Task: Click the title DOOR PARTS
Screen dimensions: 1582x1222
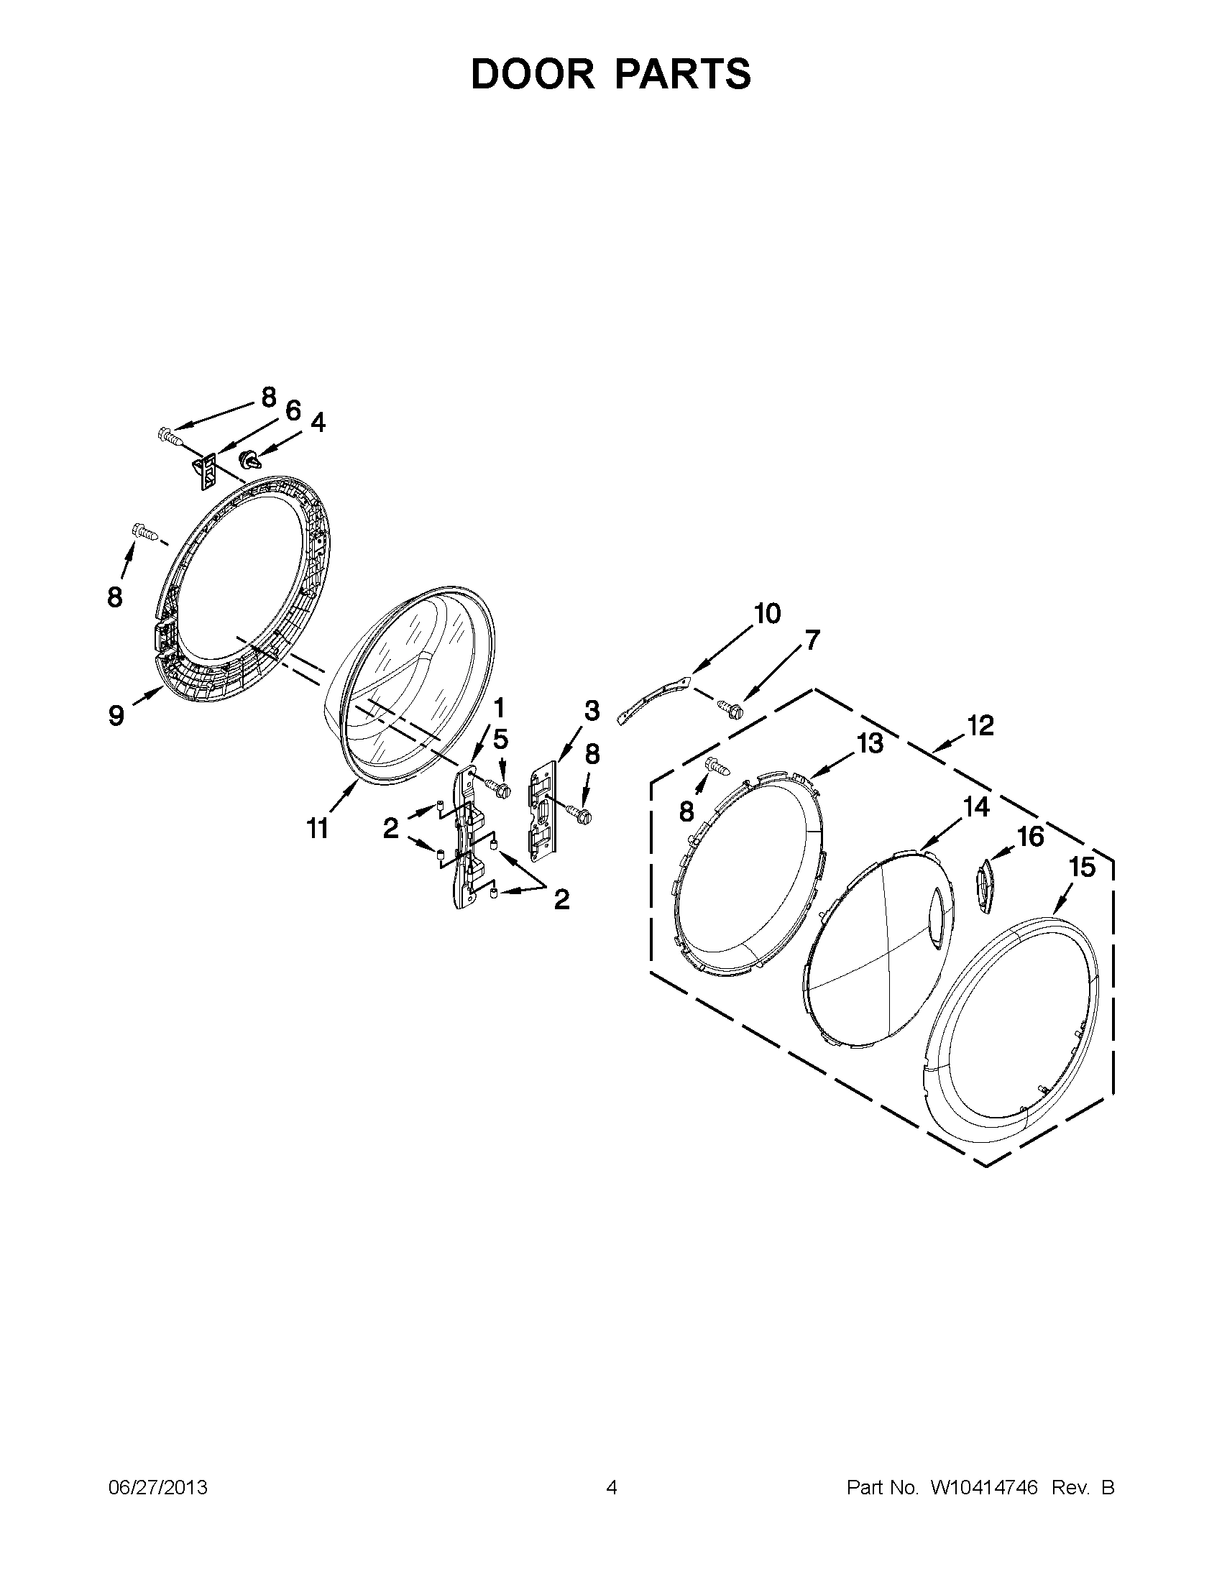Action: tap(610, 74)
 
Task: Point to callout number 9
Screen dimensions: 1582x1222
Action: tap(116, 716)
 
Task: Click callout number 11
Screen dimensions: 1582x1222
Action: tap(316, 828)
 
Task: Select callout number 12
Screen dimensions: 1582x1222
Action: tap(980, 725)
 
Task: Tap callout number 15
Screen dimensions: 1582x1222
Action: tap(1083, 867)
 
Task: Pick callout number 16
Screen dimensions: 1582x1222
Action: tap(1031, 837)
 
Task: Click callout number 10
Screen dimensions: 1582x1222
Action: tap(767, 614)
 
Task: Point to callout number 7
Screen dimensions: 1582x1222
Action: tap(812, 640)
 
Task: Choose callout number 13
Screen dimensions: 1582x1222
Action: tap(870, 743)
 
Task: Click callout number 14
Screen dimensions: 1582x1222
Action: tap(976, 806)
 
